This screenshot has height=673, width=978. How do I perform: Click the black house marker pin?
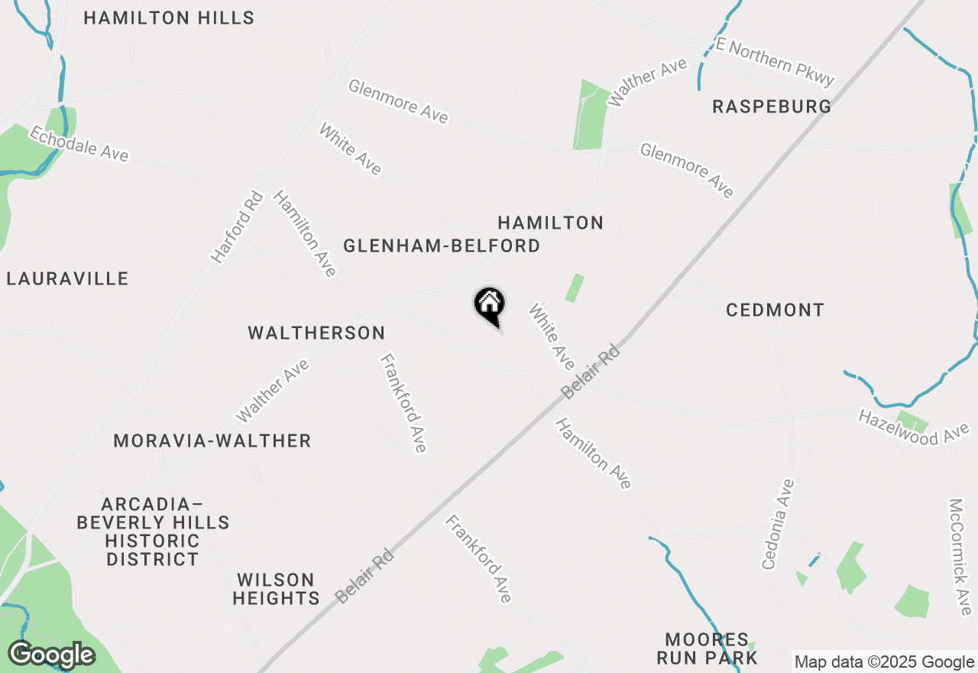pos(490,305)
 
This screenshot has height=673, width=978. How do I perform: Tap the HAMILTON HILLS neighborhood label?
pos(169,18)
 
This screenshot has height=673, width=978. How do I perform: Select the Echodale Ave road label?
pos(79,144)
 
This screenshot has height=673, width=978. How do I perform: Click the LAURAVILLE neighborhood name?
pos(67,278)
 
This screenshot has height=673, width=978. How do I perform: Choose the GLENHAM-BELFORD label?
pos(442,245)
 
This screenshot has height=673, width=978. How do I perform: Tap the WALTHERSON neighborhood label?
pos(316,333)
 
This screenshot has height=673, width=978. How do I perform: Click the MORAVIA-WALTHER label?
pos(212,441)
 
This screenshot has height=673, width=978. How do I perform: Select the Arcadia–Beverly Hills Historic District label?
pos(153,532)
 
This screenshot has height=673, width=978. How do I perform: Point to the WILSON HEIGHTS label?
pos(276,589)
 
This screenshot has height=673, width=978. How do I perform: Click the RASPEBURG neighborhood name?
pos(772,106)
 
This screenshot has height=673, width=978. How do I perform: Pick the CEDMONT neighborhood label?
pos(775,310)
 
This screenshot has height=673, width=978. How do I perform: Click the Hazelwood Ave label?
pos(913,427)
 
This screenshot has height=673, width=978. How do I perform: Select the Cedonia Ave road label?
pos(779,524)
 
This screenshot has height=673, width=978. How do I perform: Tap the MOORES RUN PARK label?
pos(711,649)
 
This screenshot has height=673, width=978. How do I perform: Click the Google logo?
pos(51,655)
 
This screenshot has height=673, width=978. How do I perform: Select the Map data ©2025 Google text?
pos(884,662)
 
